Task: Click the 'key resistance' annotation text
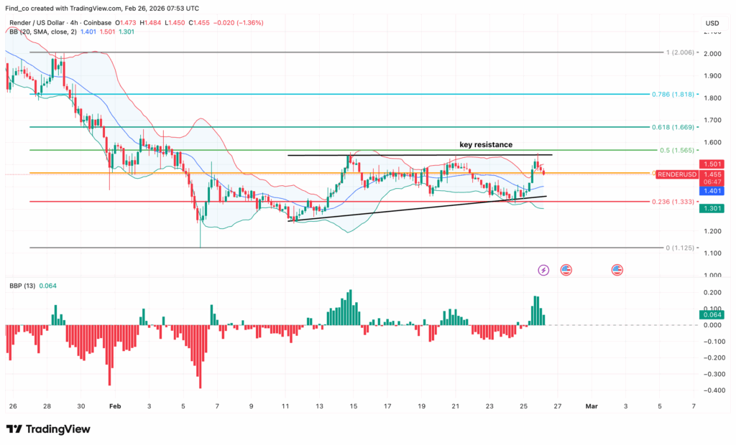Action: pyautogui.click(x=486, y=145)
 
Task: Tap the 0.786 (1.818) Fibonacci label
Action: pyautogui.click(x=673, y=94)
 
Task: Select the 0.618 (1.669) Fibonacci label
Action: pyautogui.click(x=673, y=127)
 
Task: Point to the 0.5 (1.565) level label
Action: pyautogui.click(x=677, y=151)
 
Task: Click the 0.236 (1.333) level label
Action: pyautogui.click(x=673, y=202)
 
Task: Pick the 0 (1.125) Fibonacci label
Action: pyautogui.click(x=680, y=248)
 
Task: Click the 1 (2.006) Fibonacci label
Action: pyautogui.click(x=680, y=52)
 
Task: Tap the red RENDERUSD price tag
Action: pyautogui.click(x=677, y=174)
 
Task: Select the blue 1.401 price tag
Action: pyautogui.click(x=712, y=191)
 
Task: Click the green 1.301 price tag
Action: pyautogui.click(x=712, y=208)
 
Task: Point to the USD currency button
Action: pyautogui.click(x=712, y=23)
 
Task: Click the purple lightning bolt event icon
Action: pyautogui.click(x=543, y=270)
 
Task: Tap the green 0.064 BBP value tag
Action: pyautogui.click(x=712, y=315)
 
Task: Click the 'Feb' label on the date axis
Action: pyautogui.click(x=115, y=406)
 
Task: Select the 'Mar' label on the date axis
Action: pyautogui.click(x=592, y=406)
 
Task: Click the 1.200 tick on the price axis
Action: pyautogui.click(x=712, y=231)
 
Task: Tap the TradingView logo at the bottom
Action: pyautogui.click(x=48, y=429)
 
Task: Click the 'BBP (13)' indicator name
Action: pyautogui.click(x=22, y=286)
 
